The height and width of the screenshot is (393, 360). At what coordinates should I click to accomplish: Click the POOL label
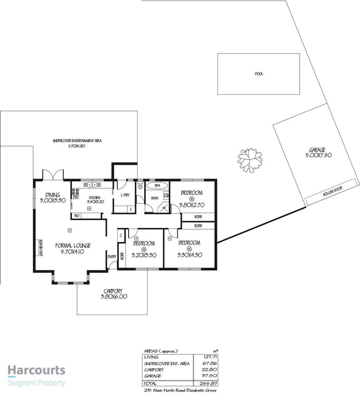pyautogui.click(x=259, y=74)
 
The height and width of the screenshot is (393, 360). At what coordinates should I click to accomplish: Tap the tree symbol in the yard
pyautogui.click(x=250, y=159)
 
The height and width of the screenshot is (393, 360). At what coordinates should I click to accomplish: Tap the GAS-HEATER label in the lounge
pyautogui.click(x=41, y=248)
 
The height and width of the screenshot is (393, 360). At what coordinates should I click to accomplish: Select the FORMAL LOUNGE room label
pyautogui.click(x=73, y=245)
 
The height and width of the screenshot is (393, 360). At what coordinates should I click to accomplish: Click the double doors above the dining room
pyautogui.click(x=53, y=175)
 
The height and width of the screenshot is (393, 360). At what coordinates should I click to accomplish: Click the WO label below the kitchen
pyautogui.click(x=76, y=216)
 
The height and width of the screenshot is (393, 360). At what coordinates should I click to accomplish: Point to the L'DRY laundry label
pyautogui.click(x=125, y=195)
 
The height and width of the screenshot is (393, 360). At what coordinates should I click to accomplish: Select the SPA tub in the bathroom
pyautogui.click(x=157, y=186)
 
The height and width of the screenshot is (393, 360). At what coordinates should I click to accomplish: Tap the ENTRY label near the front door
pyautogui.click(x=112, y=257)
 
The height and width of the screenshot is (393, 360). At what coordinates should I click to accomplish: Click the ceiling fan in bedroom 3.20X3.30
pyautogui.click(x=144, y=249)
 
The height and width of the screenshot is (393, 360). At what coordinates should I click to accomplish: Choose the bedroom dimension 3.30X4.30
pyautogui.click(x=189, y=255)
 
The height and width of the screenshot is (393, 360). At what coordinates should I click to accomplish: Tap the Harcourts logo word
pyautogui.click(x=36, y=371)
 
